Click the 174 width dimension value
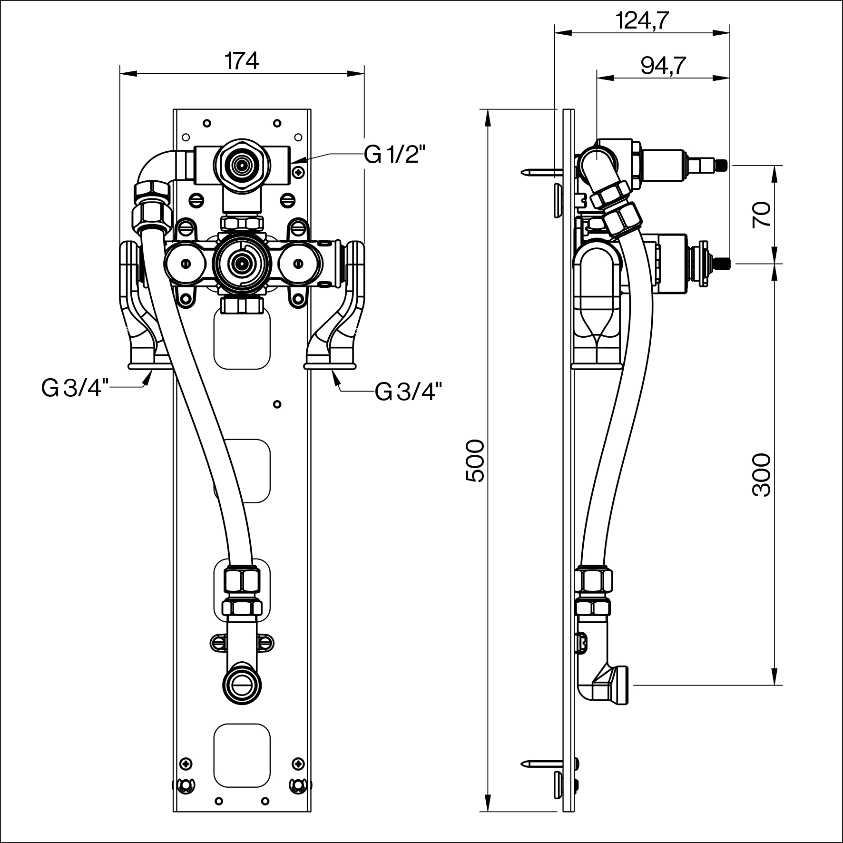(242, 61)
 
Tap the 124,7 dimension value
(642, 20)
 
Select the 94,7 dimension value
(663, 66)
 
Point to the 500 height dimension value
(475, 461)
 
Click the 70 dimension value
(761, 214)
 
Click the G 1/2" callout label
(394, 155)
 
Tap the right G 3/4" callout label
(408, 392)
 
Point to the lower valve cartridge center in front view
(242, 262)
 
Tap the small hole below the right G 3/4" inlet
(277, 404)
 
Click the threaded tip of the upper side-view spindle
(722, 165)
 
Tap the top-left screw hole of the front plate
(206, 123)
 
